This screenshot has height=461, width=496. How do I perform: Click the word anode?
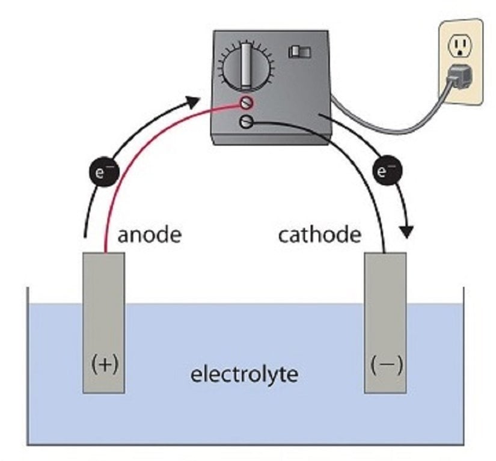(149, 234)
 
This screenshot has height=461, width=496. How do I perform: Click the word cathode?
(319, 234)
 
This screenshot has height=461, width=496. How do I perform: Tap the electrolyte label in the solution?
(244, 374)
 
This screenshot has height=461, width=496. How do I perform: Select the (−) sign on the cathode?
(385, 364)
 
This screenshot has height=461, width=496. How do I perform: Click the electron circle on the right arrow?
(385, 172)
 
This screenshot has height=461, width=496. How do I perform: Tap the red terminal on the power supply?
(245, 102)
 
